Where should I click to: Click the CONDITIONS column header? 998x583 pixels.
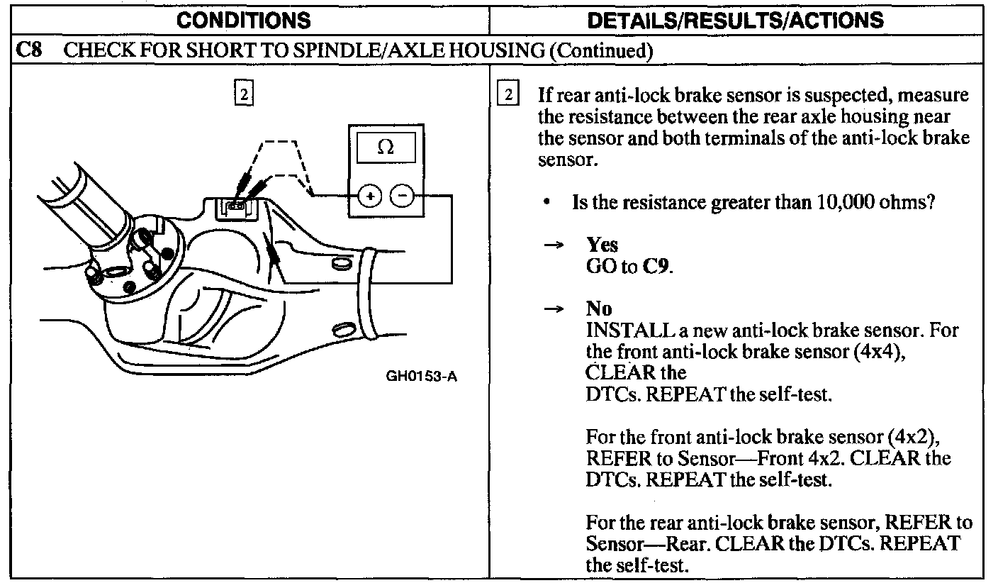(x=243, y=20)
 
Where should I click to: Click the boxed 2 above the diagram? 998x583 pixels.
(x=243, y=94)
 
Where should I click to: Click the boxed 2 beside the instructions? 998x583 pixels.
(x=508, y=94)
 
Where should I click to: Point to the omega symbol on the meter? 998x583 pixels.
(x=386, y=148)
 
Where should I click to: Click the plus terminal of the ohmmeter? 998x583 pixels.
(x=370, y=194)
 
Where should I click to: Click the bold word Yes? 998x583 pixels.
(x=602, y=245)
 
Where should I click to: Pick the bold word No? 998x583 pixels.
(x=599, y=309)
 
